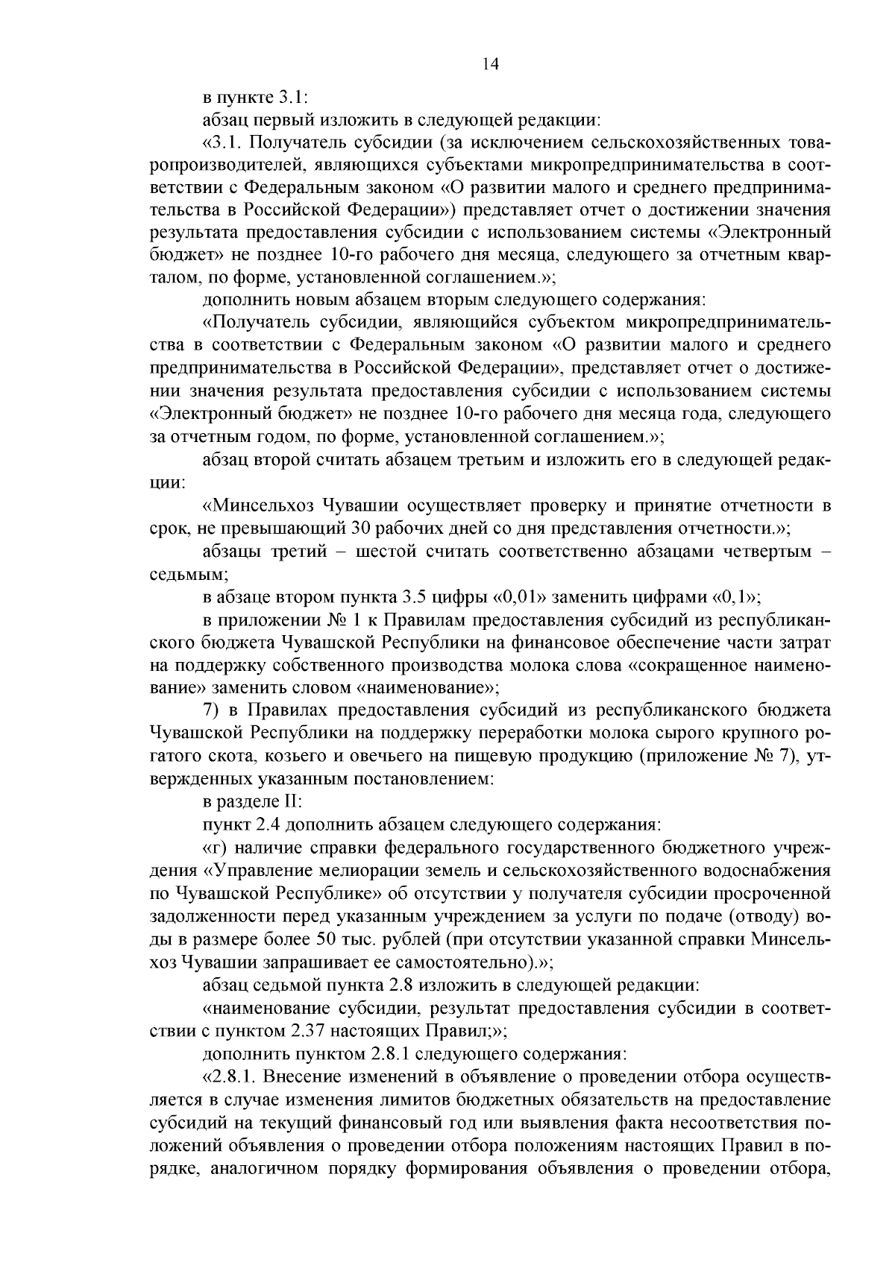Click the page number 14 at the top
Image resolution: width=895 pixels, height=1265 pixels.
coord(490,64)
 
